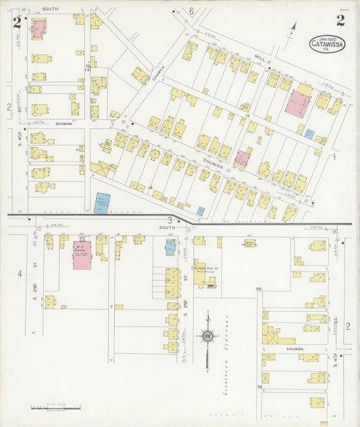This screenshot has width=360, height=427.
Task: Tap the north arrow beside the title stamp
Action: coord(292,30)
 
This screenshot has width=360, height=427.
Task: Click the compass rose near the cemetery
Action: coord(208,336)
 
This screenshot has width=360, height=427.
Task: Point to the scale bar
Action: coord(56,407)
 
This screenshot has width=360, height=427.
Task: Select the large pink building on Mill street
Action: coord(297,104)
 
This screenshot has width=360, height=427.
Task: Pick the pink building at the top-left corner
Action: coord(37,28)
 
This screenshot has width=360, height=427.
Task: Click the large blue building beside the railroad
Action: coord(102,204)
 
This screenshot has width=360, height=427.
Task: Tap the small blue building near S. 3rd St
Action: coord(170,247)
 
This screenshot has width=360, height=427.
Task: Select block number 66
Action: coord(258,289)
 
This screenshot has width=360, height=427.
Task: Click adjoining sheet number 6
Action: coord(191,11)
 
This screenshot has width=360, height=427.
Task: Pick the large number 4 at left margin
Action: coord(20,274)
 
